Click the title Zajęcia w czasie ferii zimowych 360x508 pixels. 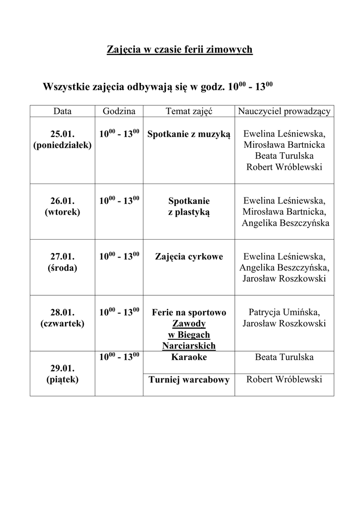coord(180,50)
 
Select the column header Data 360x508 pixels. coord(63,112)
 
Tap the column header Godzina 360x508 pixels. coord(119,112)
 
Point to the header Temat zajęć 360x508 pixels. coord(189,112)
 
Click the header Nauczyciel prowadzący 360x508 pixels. coord(284,112)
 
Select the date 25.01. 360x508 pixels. coord(63,134)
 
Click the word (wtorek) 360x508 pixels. coord(63,212)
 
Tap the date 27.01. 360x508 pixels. coord(63,257)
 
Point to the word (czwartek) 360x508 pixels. coord(63,323)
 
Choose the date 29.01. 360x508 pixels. coord(63,369)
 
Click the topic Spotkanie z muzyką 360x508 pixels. coord(189,134)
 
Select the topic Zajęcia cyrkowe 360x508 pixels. coord(189,257)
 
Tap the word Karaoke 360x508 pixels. coord(189,357)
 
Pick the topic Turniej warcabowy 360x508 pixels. coord(189,380)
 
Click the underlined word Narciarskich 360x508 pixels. coord(189,345)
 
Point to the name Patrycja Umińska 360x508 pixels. coord(284,313)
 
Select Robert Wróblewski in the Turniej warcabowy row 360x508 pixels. coord(284,380)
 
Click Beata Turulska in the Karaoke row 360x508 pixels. coord(284,357)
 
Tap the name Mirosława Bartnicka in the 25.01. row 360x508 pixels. coord(284,145)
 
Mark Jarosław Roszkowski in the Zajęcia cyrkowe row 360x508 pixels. coord(284,279)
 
